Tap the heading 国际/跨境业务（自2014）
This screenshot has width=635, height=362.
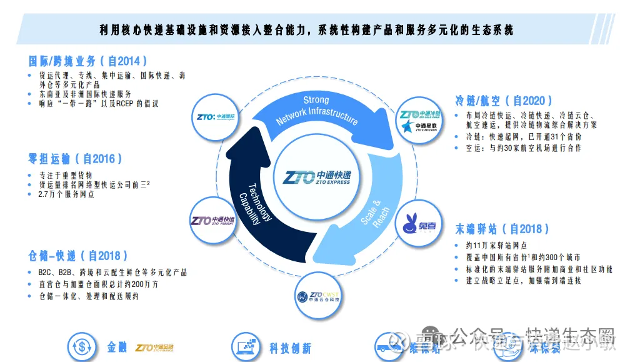click(89, 61)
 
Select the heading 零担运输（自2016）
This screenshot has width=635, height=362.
click(76, 159)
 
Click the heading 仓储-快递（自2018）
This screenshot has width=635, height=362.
click(79, 256)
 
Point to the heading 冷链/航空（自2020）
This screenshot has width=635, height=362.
click(504, 101)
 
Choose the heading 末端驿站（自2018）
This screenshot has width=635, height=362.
click(503, 229)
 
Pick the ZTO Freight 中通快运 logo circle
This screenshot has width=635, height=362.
click(212, 221)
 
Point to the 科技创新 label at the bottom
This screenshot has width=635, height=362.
click(290, 348)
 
